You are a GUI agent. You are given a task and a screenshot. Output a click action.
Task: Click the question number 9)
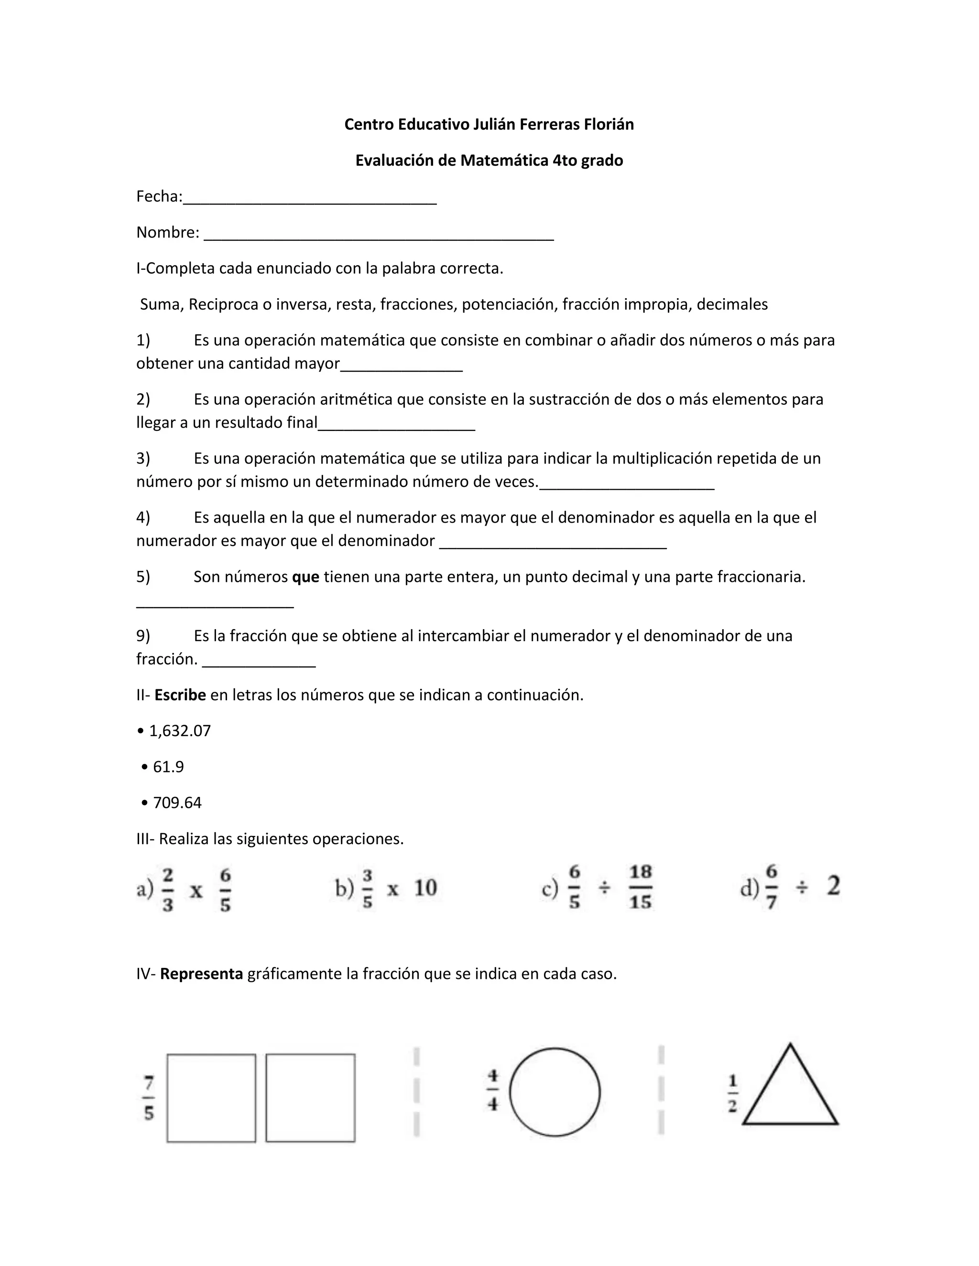(x=143, y=636)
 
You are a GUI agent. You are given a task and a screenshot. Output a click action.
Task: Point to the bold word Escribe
(x=180, y=695)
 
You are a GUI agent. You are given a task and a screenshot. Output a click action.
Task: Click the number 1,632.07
(x=180, y=731)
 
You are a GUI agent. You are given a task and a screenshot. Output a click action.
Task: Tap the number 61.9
(x=168, y=767)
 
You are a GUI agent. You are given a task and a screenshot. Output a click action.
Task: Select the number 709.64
(x=177, y=803)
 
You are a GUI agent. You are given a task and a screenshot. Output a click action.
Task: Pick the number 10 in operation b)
(x=425, y=888)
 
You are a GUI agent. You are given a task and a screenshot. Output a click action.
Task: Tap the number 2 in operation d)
(x=833, y=886)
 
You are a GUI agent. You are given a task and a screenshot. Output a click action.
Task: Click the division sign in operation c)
(x=604, y=888)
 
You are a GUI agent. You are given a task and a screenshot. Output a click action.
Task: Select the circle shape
(x=555, y=1092)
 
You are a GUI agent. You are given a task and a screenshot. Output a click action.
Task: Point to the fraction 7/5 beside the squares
(x=149, y=1098)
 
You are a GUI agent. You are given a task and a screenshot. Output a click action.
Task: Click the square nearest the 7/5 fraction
(x=211, y=1098)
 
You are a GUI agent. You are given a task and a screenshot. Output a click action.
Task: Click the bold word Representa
(x=201, y=974)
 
